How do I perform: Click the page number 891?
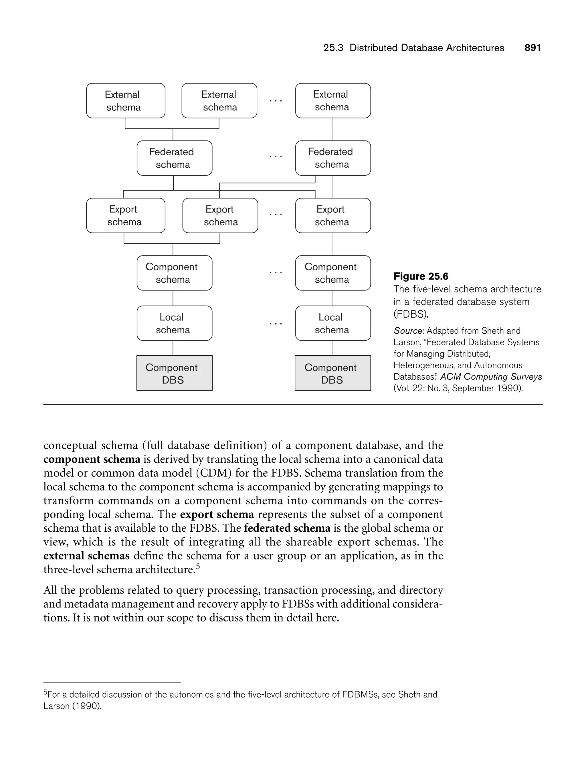[532, 48]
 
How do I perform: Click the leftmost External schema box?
[126, 101]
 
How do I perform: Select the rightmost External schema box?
[333, 101]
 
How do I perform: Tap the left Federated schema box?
[175, 158]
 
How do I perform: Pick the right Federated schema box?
[333, 158]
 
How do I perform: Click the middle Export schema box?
[220, 215]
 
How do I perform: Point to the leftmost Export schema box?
[126, 215]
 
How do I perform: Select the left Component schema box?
[175, 273]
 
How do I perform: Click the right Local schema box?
[333, 323]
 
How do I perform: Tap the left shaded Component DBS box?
[175, 373]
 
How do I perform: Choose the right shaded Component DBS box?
[333, 373]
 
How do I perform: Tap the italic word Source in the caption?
[407, 331]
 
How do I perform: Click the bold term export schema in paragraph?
[217, 514]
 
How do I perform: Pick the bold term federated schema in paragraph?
[287, 528]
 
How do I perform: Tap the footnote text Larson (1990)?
[72, 706]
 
